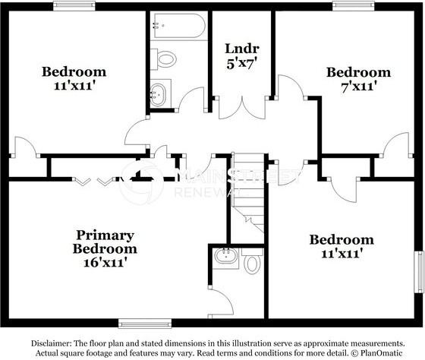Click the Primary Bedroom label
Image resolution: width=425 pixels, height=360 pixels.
(105, 242)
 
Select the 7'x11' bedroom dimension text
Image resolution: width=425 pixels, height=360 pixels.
(359, 86)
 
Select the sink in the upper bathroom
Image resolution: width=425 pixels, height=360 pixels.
(159, 94)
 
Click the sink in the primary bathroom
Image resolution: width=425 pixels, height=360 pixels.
(225, 255)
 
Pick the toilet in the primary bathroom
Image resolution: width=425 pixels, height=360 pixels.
(252, 263)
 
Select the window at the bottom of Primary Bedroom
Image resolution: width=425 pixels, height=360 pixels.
(141, 321)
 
